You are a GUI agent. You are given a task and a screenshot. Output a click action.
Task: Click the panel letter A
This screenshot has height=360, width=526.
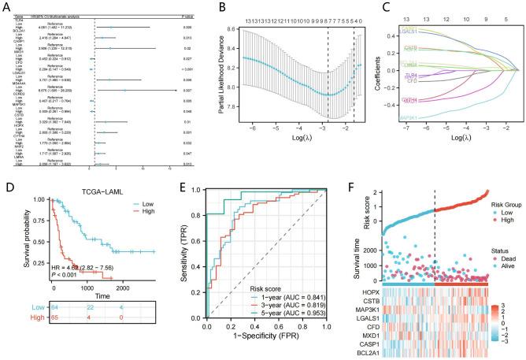pos(6,7)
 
